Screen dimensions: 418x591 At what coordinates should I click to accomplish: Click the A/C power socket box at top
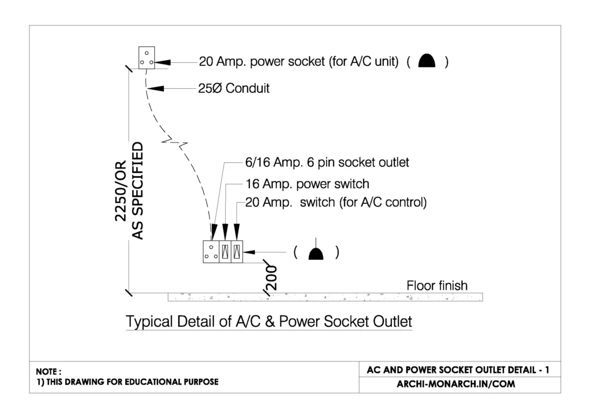coord(147,58)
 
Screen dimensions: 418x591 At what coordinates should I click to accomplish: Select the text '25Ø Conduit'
coord(234,89)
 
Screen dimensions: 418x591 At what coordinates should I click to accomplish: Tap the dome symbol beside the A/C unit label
coord(427,61)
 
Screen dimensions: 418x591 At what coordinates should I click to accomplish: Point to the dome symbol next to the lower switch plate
coord(316,252)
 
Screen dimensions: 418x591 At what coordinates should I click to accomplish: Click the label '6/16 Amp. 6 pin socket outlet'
coord(327,163)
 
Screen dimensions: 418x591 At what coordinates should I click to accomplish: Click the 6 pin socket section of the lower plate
coord(211,252)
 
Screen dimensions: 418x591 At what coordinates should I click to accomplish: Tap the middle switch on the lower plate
coord(225,252)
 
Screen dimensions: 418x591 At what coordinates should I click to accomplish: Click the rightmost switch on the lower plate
coord(237,252)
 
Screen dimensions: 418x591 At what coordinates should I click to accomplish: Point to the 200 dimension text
coord(271,277)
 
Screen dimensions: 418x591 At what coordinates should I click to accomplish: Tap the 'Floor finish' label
coord(437,285)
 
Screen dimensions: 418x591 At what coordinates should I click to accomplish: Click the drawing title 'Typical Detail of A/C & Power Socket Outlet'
coord(269,321)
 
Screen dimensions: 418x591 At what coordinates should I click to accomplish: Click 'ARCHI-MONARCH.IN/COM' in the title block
coord(456,384)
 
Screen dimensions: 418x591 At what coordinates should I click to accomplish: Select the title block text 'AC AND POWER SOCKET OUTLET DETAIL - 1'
coord(458,370)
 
